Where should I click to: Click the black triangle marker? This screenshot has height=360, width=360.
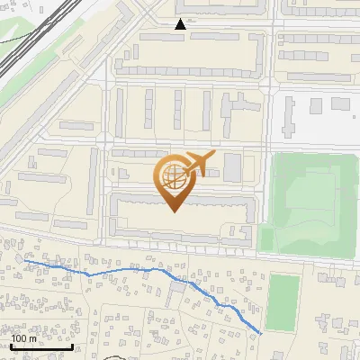pos(181,24)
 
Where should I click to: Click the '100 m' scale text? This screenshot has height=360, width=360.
pos(24,338)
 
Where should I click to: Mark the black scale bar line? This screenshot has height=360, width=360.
pos(41,346)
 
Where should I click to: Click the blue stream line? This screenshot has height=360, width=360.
pos(135,271)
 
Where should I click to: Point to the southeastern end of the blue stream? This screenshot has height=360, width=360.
pos(262,333)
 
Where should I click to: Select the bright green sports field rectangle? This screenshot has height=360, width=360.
pos(283,301)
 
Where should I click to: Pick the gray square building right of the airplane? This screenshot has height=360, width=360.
pos(232,166)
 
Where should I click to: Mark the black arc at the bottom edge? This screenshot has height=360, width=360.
pos(115,357)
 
